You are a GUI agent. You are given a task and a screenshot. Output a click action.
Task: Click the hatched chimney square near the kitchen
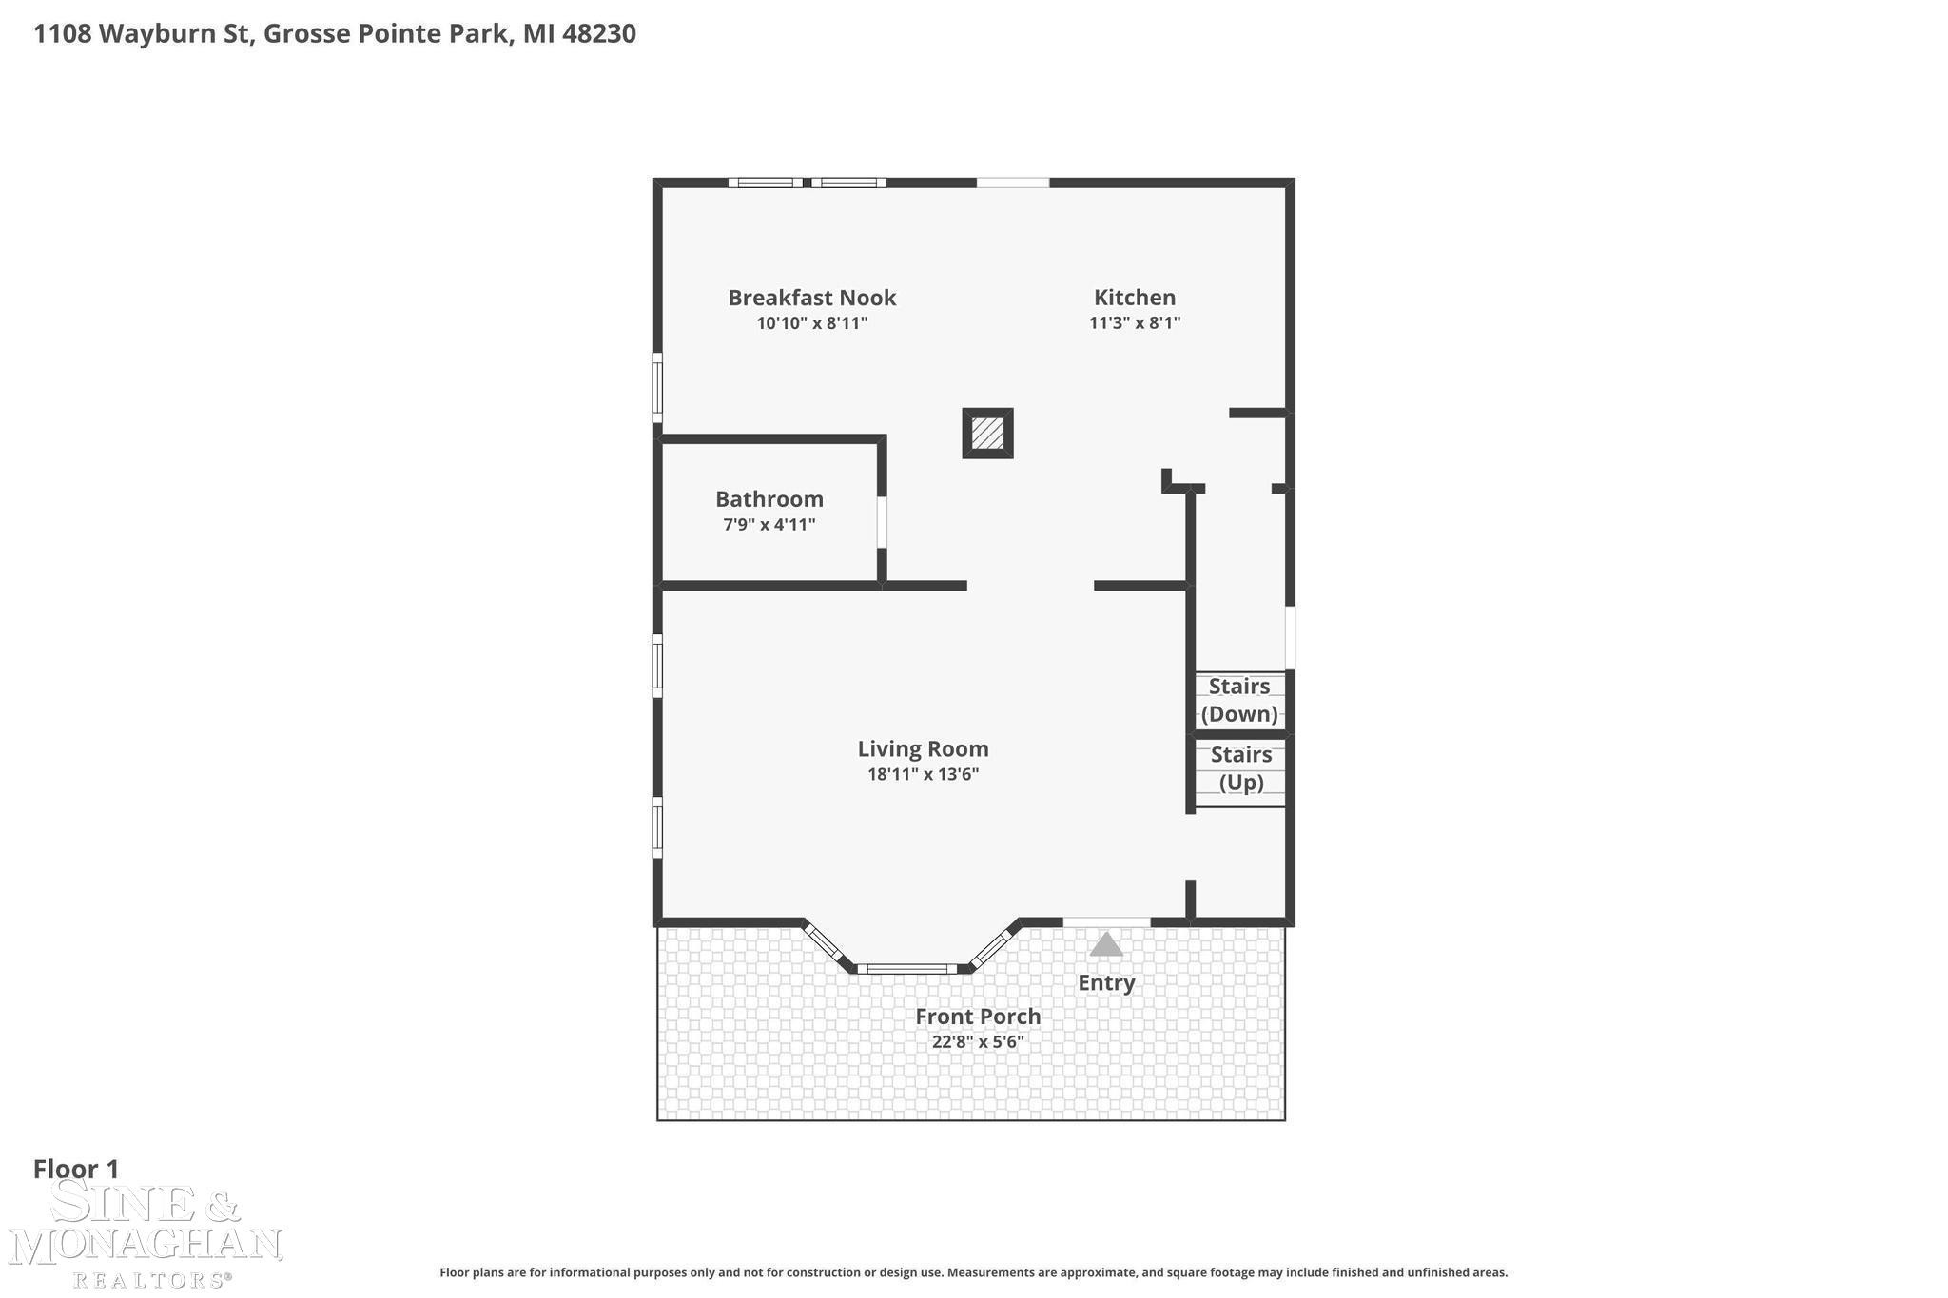pos(987,434)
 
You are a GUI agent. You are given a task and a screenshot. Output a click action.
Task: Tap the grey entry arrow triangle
pos(1105,944)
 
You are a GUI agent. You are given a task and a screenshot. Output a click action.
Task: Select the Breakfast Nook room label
pos(812,298)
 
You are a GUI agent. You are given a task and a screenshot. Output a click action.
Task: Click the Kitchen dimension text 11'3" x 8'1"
pos(1135,322)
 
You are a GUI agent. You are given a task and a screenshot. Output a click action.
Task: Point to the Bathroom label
pos(769,499)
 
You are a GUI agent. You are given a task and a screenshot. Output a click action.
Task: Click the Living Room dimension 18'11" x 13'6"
pos(923,774)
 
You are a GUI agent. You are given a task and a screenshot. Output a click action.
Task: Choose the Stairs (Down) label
pos(1239,700)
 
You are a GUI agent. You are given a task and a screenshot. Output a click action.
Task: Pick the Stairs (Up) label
pos(1241,768)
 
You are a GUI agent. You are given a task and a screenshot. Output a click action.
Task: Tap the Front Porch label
pos(978,1017)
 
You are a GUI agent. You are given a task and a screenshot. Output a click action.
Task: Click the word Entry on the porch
pos(1106,983)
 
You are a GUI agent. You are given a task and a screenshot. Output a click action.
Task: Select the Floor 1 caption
pos(76,1169)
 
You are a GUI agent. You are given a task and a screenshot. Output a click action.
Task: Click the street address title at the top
pos(335,34)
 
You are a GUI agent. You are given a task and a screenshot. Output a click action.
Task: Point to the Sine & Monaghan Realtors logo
pos(145,1235)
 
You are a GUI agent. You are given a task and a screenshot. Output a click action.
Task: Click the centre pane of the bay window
pos(906,969)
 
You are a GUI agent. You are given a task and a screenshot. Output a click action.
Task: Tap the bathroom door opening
pos(882,521)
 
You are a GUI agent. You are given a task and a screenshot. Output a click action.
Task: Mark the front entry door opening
pos(1106,921)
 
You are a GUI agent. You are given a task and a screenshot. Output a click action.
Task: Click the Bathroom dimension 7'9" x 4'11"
pos(769,524)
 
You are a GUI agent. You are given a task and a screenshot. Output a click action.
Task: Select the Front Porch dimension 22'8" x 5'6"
pos(978,1041)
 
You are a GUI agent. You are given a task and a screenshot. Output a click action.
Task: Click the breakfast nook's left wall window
pos(657,387)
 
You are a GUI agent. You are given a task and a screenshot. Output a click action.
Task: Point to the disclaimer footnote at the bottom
pos(974,1272)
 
